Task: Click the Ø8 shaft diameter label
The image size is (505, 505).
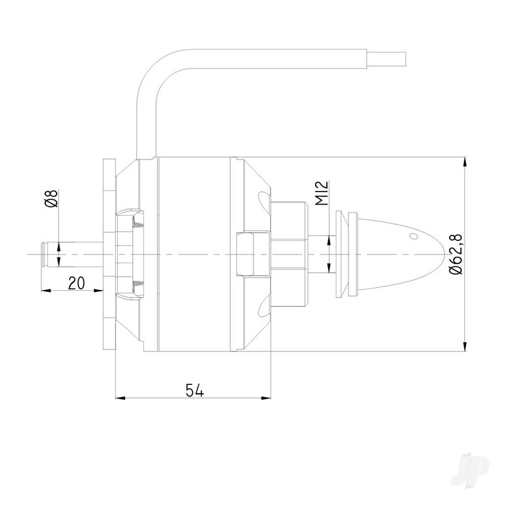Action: [51, 198]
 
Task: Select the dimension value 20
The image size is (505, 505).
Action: [76, 283]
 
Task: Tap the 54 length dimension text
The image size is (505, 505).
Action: [194, 390]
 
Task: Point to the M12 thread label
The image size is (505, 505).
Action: [324, 193]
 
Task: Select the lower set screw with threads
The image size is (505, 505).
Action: [137, 287]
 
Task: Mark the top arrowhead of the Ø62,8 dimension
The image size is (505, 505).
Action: [465, 162]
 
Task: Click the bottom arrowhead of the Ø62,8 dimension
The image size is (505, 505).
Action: [465, 346]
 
